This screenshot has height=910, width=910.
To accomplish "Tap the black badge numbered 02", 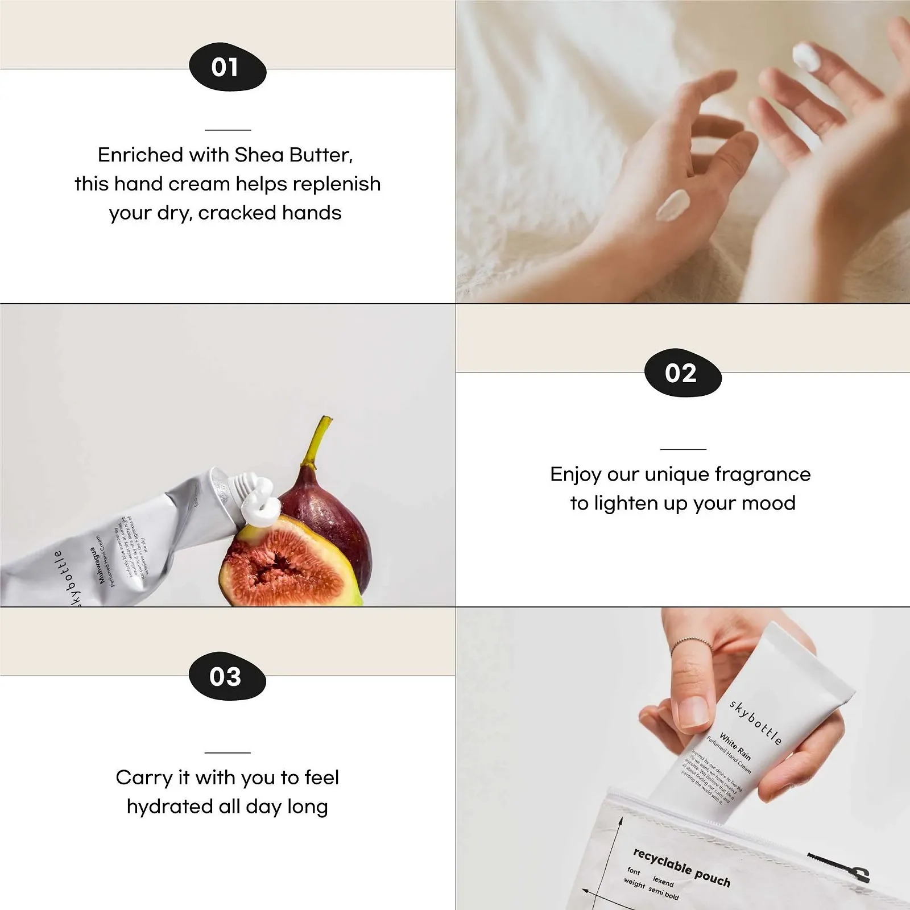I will point(682,373).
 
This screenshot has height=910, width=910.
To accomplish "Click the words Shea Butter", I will point(293,155).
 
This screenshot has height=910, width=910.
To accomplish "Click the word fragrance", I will point(762,474).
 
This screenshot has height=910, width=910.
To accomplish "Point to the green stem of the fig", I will point(318,441).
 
